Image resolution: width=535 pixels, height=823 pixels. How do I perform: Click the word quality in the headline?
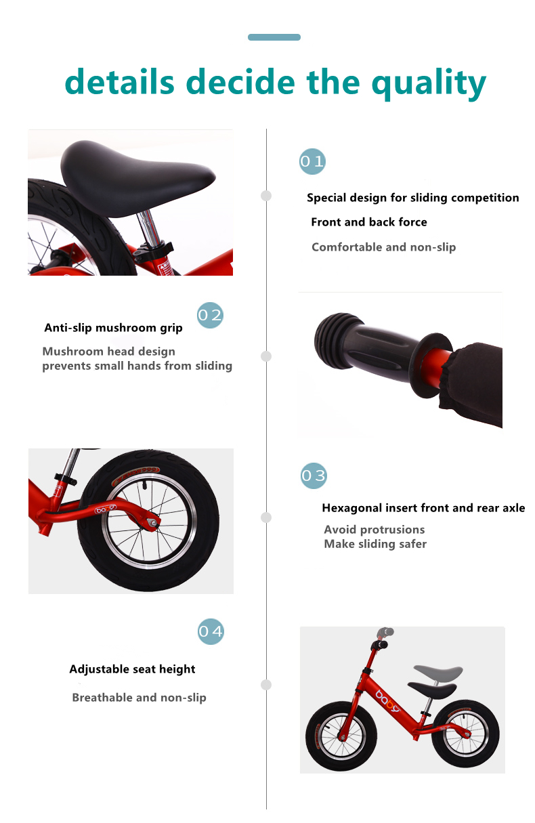coord(429,84)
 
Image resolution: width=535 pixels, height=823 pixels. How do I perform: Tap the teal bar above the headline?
coord(274,37)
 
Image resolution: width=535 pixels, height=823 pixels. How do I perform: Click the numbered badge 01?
coord(312,161)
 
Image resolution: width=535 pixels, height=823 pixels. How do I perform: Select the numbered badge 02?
coord(210,315)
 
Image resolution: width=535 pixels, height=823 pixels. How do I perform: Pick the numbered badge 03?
coord(314,476)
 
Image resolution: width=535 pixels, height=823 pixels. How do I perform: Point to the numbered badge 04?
coord(211,631)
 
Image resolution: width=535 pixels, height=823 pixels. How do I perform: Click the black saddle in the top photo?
coord(136,178)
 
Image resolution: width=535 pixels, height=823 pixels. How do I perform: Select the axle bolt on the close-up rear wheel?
coord(153,522)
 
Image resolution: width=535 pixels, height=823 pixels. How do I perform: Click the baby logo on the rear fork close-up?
coord(105,509)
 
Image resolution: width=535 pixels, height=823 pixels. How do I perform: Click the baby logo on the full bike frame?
coord(387,700)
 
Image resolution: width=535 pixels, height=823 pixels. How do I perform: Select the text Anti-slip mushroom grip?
coord(113,328)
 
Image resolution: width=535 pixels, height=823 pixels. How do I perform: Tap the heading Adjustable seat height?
coord(132,669)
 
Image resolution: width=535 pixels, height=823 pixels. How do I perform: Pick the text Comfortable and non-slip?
coord(383,247)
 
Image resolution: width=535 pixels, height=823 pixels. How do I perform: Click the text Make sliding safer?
coord(375,544)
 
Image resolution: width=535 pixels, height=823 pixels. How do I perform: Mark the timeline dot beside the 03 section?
coord(266,518)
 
